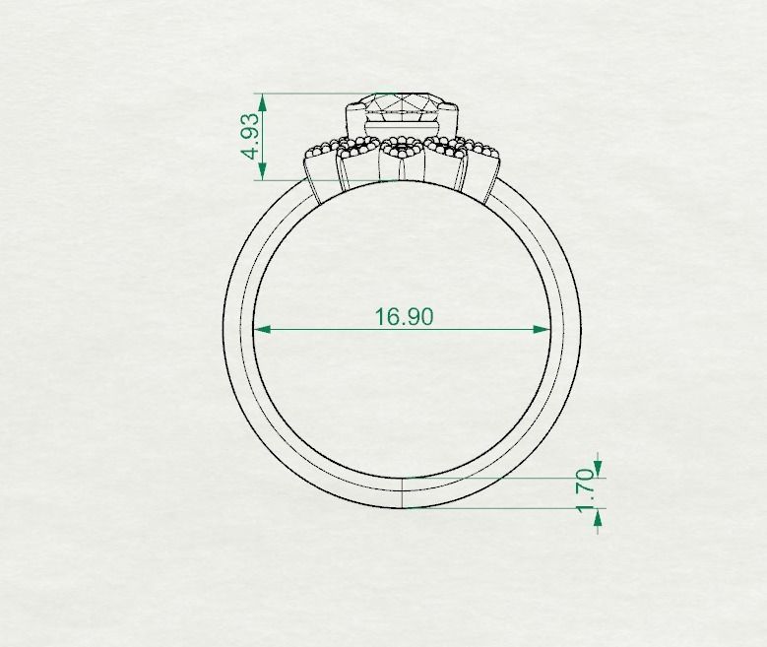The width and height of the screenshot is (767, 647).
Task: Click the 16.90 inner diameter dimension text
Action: click(404, 316)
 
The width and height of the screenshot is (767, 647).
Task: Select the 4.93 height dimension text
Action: click(252, 137)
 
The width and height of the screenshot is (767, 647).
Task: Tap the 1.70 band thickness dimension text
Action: click(586, 490)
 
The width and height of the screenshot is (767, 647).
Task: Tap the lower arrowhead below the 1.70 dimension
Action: click(597, 519)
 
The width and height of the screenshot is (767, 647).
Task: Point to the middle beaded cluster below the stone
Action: click(401, 149)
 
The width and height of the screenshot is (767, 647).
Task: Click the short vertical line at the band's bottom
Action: click(404, 492)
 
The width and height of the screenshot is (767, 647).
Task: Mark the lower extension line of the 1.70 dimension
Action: click(502, 508)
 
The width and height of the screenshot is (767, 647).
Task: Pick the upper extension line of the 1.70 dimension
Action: click(502, 478)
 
